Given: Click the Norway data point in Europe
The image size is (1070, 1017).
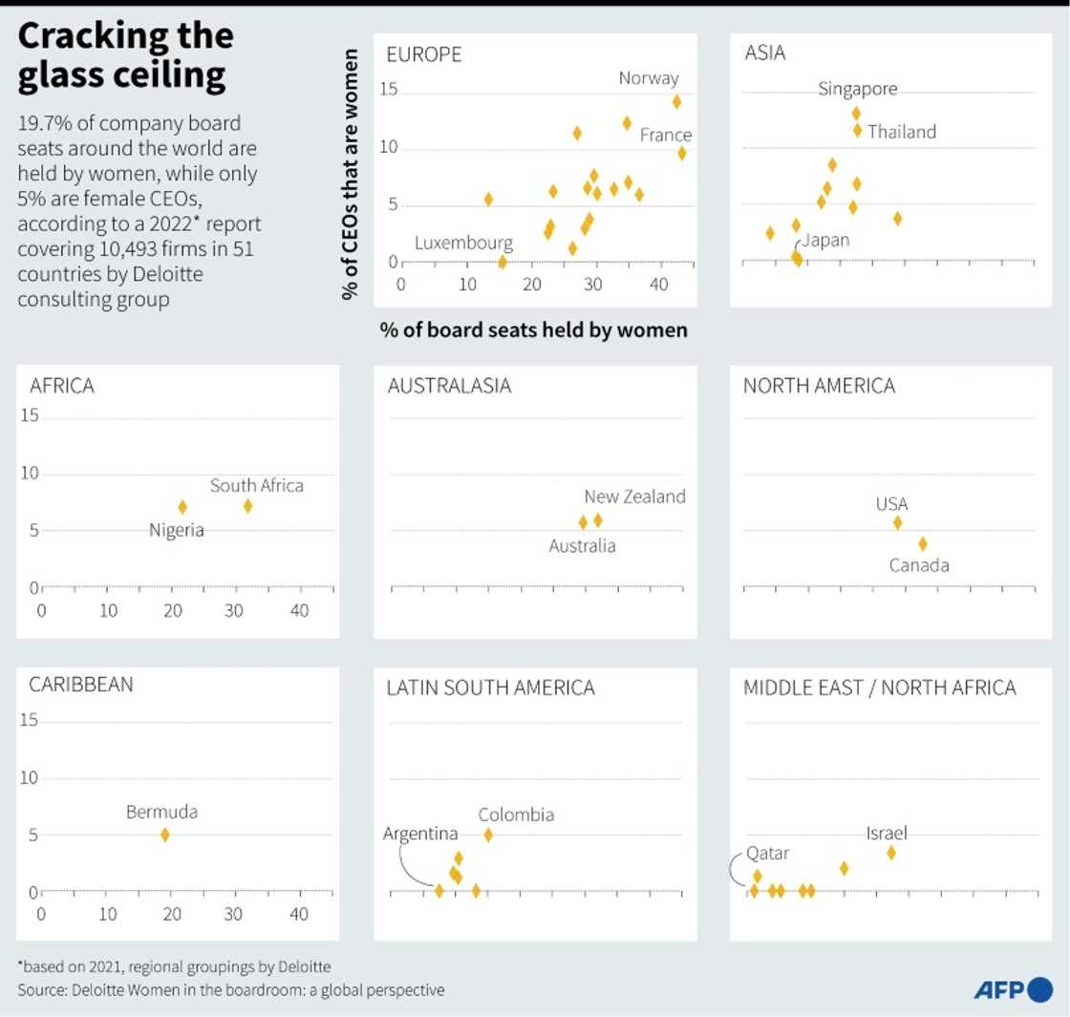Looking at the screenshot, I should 676,102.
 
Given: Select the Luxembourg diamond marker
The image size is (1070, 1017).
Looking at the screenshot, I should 503,262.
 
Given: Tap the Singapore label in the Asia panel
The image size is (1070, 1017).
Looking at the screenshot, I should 858,89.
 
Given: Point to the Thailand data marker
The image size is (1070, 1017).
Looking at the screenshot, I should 858,130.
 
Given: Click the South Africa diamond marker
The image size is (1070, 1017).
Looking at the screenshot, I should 247,506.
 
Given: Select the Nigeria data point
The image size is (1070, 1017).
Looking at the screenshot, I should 182,507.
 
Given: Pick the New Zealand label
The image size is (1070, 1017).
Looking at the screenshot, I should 634,497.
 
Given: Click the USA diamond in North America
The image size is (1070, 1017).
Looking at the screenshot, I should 897,522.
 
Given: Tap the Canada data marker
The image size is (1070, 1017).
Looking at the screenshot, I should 923,543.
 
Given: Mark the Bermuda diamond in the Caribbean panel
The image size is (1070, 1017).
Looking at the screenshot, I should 164,835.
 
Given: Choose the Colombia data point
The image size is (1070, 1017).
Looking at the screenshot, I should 488,835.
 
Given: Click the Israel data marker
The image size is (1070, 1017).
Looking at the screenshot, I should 891,853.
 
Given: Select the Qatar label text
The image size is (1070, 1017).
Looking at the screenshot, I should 768,853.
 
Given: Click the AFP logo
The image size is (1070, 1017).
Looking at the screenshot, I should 1013,990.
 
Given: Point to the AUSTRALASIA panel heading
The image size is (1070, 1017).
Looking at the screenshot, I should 449,386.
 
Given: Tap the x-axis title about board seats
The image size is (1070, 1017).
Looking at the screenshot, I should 533,330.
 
